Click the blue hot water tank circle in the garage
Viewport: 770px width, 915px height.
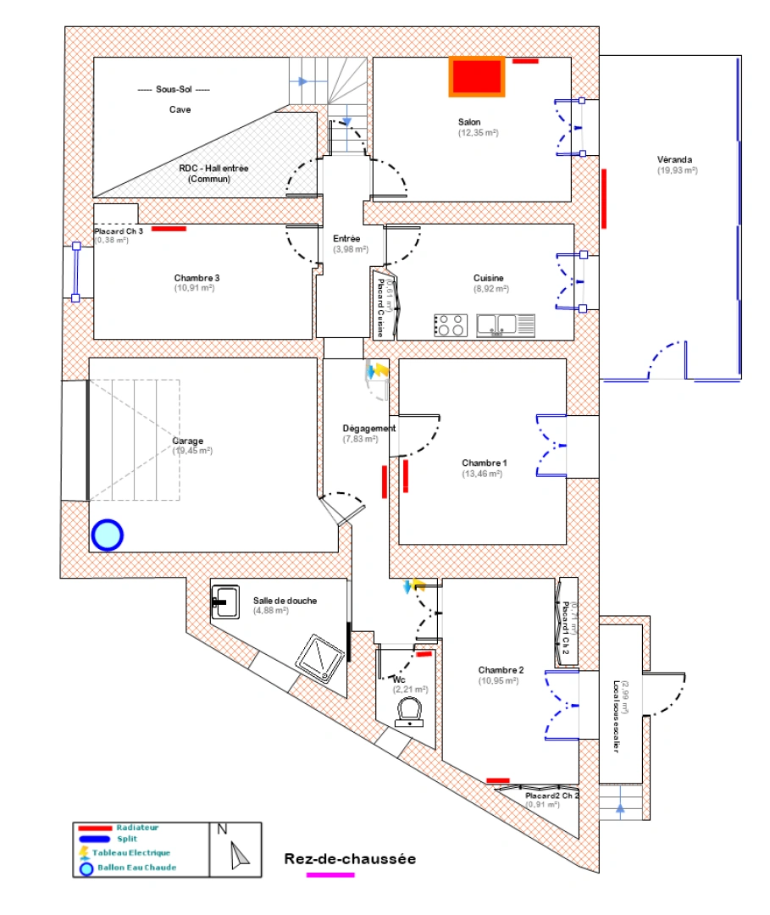(108, 535)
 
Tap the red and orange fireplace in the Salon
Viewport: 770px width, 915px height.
(477, 76)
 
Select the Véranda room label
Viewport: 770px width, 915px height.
(675, 159)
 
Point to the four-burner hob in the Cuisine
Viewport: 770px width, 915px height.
(450, 325)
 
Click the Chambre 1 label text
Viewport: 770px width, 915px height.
(485, 463)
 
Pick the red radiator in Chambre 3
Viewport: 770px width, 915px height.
(169, 228)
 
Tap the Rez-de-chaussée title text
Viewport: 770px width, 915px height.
(350, 859)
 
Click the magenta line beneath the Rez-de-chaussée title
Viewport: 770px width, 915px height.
(330, 874)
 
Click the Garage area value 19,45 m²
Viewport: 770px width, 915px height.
(192, 451)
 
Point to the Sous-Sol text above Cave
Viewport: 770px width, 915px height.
(173, 90)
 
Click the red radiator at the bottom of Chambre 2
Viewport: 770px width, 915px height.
(498, 780)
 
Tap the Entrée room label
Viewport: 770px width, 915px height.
(346, 239)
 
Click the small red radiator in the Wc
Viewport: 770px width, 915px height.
(424, 654)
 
